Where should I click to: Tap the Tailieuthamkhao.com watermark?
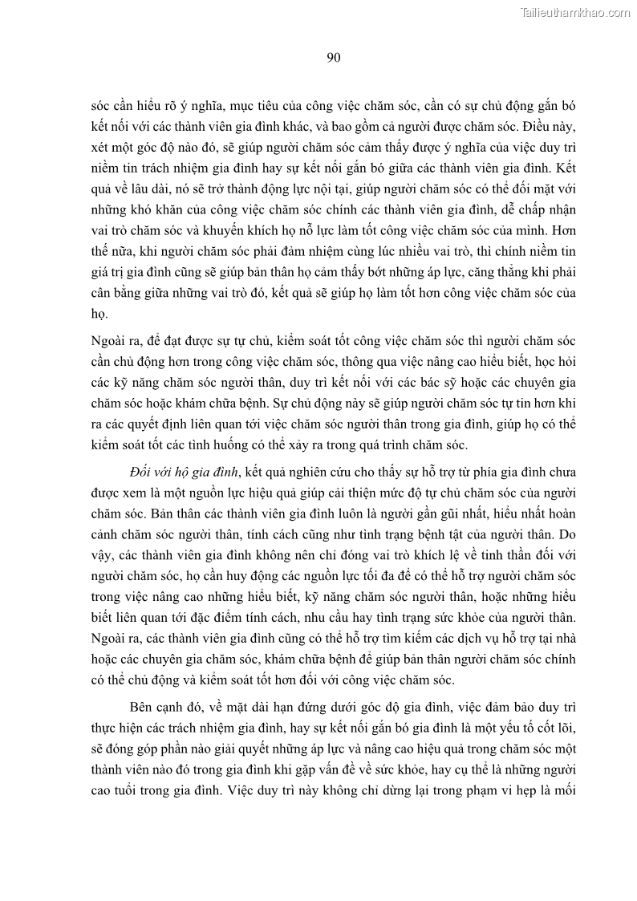575,12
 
